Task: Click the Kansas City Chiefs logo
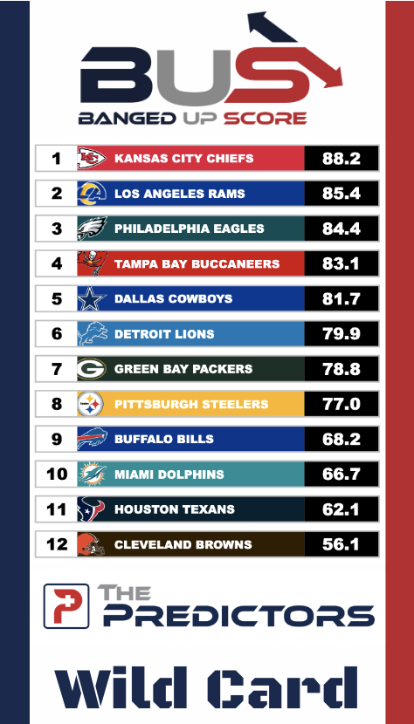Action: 92,159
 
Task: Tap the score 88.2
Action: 342,159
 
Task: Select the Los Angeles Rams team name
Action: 180,194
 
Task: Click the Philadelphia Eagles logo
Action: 92,229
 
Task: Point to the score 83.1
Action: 342,263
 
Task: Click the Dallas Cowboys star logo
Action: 92,298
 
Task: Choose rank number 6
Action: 57,334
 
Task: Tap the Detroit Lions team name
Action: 164,334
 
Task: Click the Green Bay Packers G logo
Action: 92,369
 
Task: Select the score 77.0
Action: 342,404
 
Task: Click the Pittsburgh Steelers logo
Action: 92,404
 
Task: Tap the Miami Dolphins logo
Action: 92,474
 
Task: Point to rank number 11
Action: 57,509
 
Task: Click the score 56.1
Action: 342,544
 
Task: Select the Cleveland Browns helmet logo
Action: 92,544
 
